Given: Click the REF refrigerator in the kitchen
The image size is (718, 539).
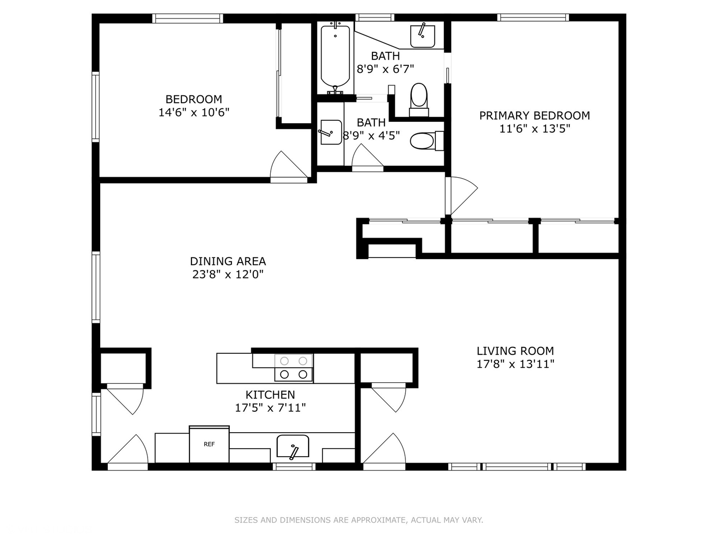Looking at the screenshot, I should coord(209,444).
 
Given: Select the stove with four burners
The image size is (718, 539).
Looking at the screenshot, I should coord(293,368).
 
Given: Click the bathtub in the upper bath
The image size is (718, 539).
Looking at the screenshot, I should coord(335,56).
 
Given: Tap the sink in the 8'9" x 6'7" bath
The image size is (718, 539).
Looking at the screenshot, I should coord(422,36).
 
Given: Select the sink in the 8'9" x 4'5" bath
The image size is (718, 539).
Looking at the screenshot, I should coord(331,132).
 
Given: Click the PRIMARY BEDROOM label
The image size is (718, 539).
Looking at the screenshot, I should coord(535,116).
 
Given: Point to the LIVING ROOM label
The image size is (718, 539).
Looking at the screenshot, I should coord(515,351).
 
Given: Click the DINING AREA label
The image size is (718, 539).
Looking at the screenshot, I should coord(228,261).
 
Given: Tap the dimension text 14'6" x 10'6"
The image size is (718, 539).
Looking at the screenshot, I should coord(194,112).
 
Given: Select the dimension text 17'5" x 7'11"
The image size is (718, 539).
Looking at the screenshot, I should coord(270,408).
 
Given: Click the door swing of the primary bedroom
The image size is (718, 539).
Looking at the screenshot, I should coord(461,195).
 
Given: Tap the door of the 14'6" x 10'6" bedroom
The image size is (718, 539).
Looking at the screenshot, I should coord(289,167).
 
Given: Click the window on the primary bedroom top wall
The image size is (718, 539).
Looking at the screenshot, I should coord(533,18).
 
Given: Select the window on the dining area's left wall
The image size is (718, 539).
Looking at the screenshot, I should coord(96,287).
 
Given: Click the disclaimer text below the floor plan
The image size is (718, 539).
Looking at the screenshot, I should coord(359,520).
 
